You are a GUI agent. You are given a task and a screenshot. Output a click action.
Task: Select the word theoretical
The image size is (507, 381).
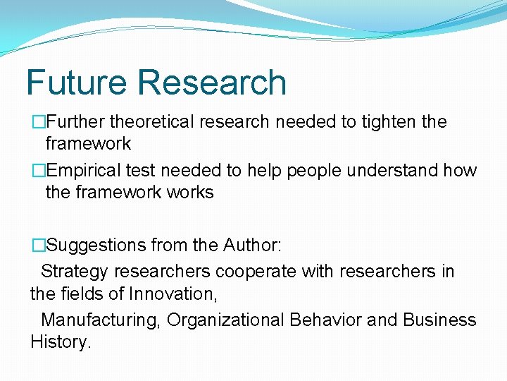[x=151, y=122]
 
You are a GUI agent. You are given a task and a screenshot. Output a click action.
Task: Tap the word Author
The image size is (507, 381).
[x=251, y=246]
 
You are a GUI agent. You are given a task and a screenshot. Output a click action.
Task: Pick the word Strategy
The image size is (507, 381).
[x=75, y=272]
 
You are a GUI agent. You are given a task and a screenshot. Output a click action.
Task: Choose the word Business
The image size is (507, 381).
[x=439, y=320]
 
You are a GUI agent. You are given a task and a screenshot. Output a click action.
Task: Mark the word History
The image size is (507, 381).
[x=61, y=342]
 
